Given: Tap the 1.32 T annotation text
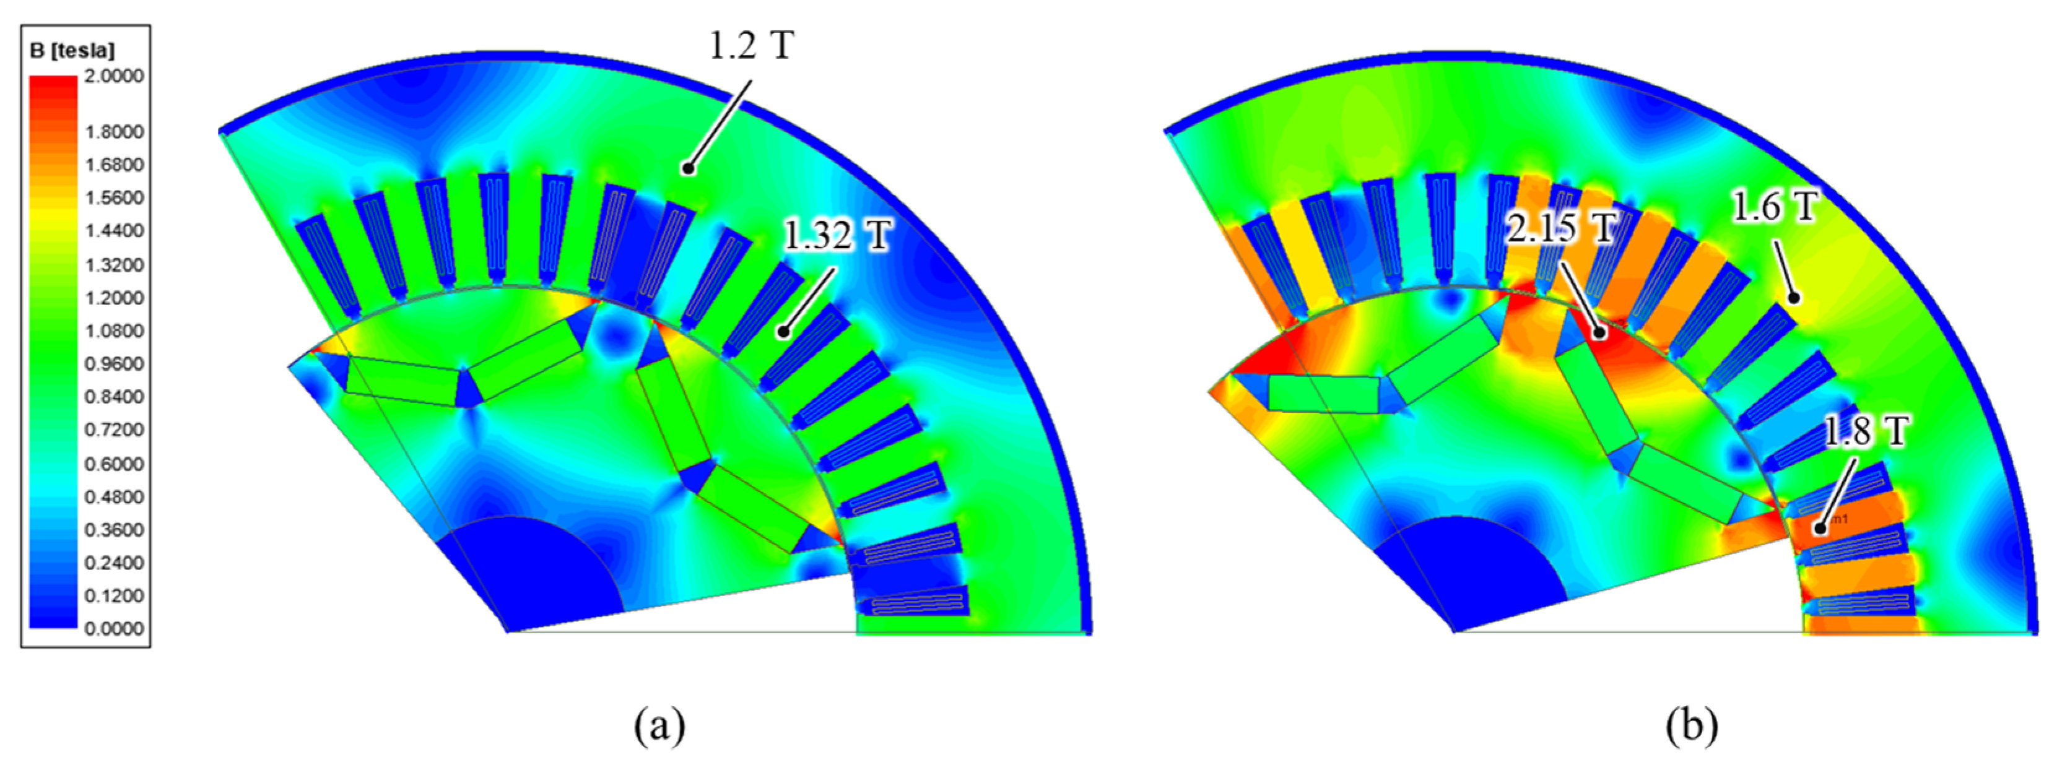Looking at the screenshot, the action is pos(837,236).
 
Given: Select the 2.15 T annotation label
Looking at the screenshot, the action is pos(1560,228).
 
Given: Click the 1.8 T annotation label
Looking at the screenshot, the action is pos(1865,431).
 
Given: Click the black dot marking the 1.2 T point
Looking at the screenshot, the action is pos(687,168).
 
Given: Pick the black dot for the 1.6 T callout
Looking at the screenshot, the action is pos(1793,299).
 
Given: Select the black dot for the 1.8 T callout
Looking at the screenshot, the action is pos(1819,528).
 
